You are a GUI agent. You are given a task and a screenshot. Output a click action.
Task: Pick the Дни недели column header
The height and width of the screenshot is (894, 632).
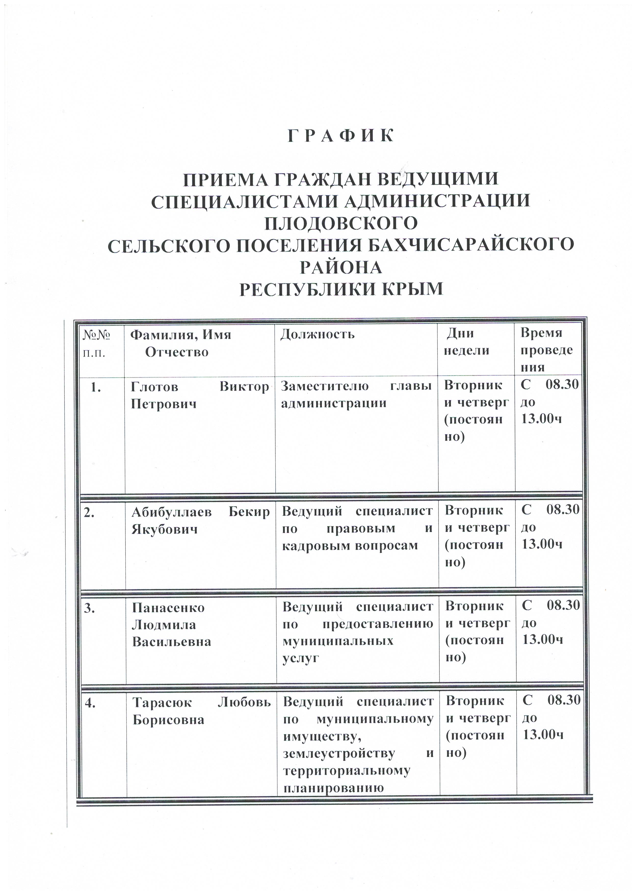coord(467,341)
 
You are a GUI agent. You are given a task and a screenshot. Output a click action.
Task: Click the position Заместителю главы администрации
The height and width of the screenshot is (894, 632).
coord(356,395)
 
